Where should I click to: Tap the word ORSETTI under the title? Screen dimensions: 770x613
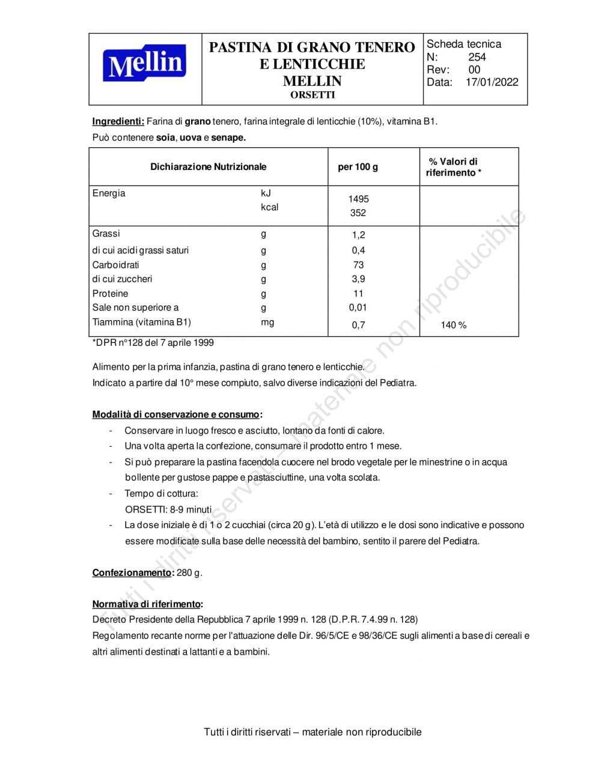[313, 95]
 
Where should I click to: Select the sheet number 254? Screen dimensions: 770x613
[477, 57]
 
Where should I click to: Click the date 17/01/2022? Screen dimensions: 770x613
[492, 82]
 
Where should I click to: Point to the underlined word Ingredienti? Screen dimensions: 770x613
[118, 121]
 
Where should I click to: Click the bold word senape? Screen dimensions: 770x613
[228, 138]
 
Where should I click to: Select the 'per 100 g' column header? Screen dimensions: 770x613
[358, 167]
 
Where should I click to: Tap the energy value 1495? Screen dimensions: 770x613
[358, 199]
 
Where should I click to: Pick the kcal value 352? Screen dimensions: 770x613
[358, 213]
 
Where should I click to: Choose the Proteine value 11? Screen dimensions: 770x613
[358, 294]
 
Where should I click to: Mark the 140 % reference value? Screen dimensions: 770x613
[453, 325]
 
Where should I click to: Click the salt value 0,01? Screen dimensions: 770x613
[358, 308]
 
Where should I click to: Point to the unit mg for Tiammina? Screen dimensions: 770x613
[267, 323]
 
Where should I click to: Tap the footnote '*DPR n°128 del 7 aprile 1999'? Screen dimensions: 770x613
[153, 343]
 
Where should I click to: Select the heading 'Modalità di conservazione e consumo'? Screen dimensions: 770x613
[175, 414]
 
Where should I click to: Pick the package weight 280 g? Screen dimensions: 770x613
[189, 572]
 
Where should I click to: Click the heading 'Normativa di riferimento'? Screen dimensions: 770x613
[146, 604]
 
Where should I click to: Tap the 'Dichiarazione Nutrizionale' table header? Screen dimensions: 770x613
[208, 167]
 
